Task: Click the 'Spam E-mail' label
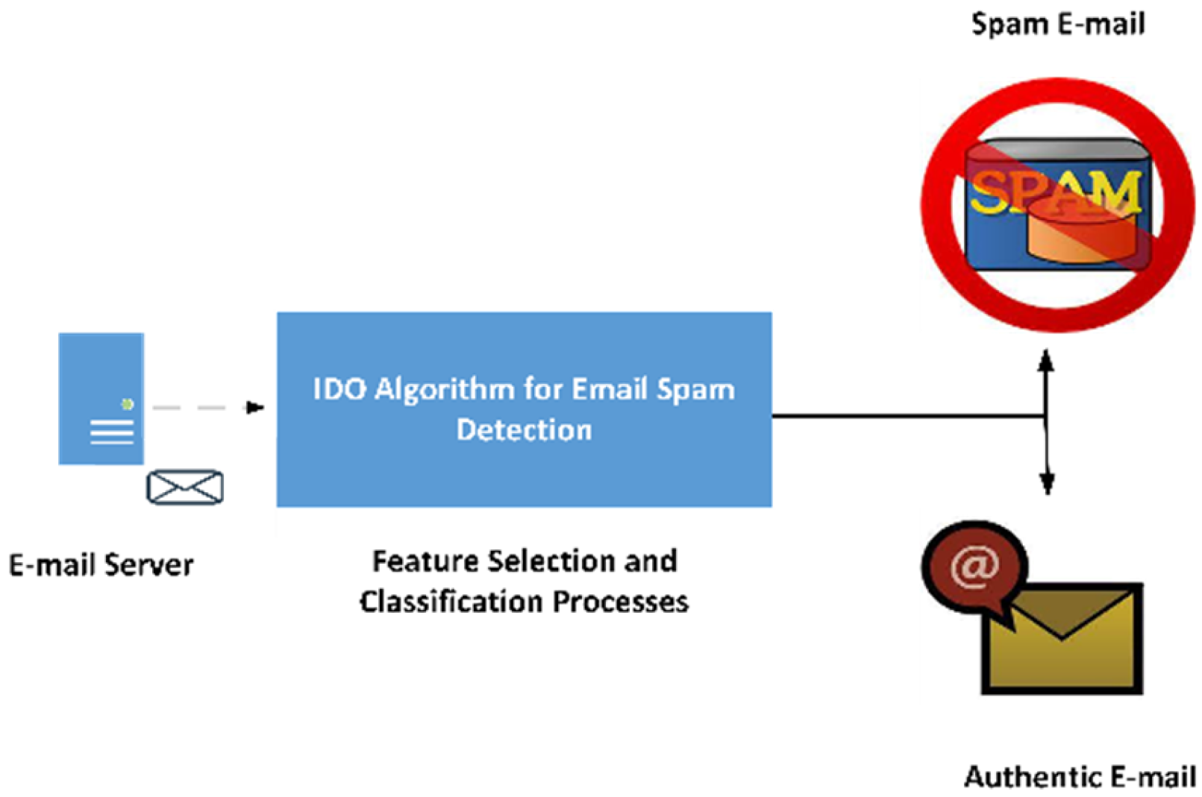(x=1058, y=25)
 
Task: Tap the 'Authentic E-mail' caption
(x=1080, y=776)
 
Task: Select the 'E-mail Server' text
(x=101, y=565)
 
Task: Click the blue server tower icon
(x=101, y=398)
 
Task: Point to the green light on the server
(x=127, y=404)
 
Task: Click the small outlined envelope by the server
(x=185, y=487)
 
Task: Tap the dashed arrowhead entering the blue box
(x=255, y=408)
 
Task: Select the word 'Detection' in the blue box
(x=525, y=429)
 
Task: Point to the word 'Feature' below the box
(x=425, y=561)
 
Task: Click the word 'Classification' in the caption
(x=452, y=601)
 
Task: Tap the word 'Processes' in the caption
(x=621, y=602)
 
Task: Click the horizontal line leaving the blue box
(x=909, y=416)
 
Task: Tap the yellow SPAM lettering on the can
(x=1056, y=192)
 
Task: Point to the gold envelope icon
(x=1062, y=639)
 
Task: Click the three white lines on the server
(x=112, y=432)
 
